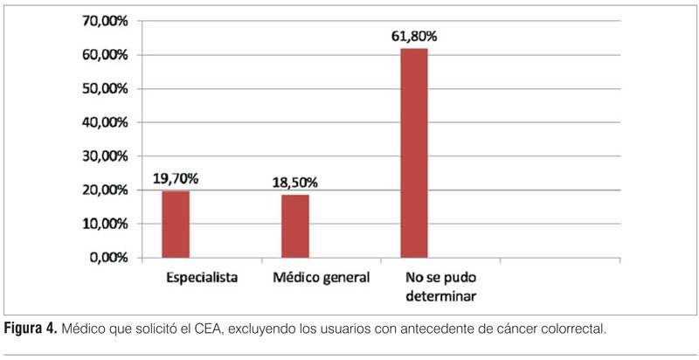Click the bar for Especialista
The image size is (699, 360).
pos(176,225)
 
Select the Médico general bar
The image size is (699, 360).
pos(295,226)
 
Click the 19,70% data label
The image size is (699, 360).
pos(176,179)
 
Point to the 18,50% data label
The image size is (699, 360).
pos(294,183)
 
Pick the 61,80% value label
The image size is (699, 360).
pos(414,37)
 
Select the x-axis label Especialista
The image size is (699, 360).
pos(203,278)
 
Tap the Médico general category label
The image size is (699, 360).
pos(322,278)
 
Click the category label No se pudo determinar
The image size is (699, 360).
pos(441,287)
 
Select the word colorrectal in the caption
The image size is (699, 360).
pos(569,329)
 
